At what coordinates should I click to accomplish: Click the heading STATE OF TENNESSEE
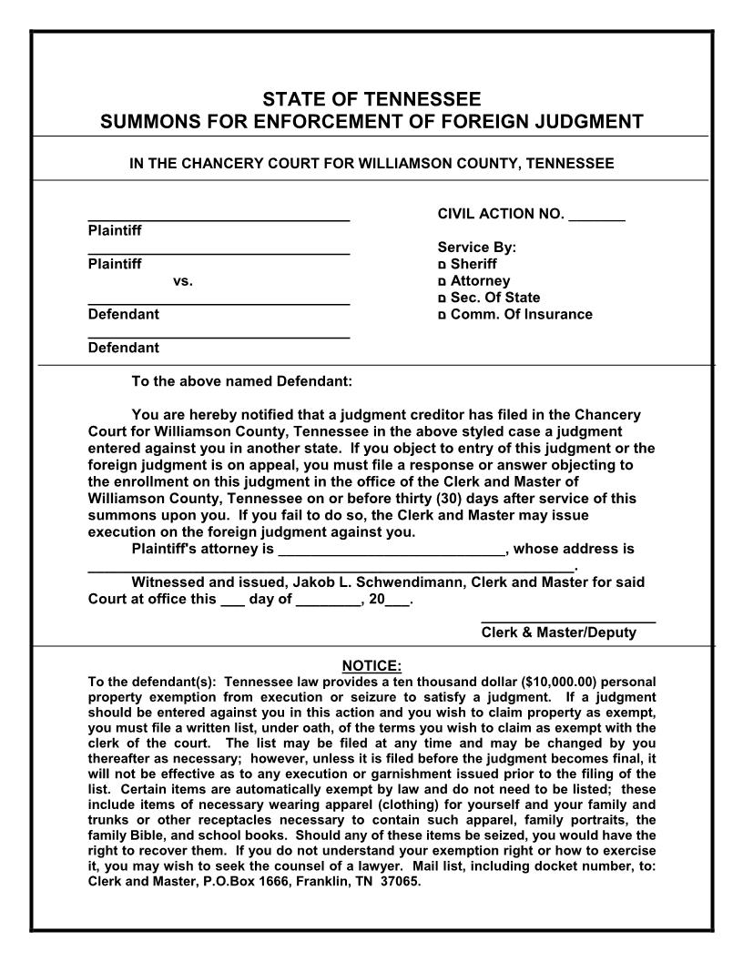pos(371,99)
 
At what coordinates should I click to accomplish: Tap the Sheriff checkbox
pos(443,265)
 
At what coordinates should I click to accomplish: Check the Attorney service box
pos(443,282)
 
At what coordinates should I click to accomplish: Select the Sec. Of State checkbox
pos(443,298)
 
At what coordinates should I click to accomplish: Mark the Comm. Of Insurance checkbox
pos(443,316)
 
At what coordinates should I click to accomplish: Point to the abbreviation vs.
pos(182,281)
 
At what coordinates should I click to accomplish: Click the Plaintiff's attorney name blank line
pos(392,551)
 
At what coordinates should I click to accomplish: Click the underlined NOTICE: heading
pos(371,666)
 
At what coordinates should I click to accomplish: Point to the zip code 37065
pos(402,882)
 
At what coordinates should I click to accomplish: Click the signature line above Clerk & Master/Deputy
pos(567,621)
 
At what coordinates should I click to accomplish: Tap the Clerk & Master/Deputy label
pos(558,632)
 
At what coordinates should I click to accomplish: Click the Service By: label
pos(476,247)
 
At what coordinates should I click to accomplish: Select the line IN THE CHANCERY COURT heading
pos(371,164)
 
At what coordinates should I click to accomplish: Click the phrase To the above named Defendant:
pos(241,381)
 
